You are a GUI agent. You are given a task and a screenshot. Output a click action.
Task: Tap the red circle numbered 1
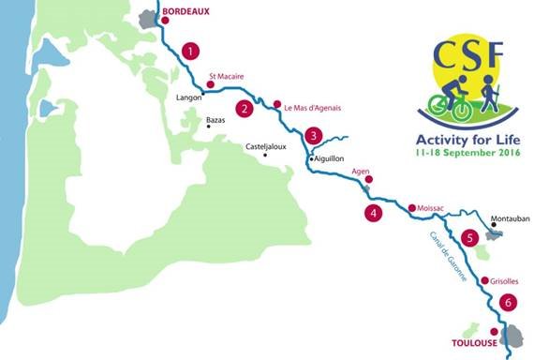(x=191, y=51)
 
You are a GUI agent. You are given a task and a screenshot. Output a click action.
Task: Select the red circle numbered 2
(x=245, y=108)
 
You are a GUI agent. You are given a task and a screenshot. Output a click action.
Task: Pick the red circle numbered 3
(x=312, y=135)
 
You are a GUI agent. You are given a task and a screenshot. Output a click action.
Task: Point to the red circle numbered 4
(x=374, y=213)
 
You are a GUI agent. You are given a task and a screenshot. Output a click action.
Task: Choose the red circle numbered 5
(x=471, y=238)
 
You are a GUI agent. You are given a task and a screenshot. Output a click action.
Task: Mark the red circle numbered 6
(x=507, y=302)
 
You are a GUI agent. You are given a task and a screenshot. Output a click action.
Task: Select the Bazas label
(x=216, y=121)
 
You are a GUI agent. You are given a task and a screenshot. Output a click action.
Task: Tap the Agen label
(x=361, y=172)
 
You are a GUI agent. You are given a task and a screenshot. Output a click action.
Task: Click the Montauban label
(x=510, y=218)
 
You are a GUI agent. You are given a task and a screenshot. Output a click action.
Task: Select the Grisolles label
(x=504, y=279)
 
